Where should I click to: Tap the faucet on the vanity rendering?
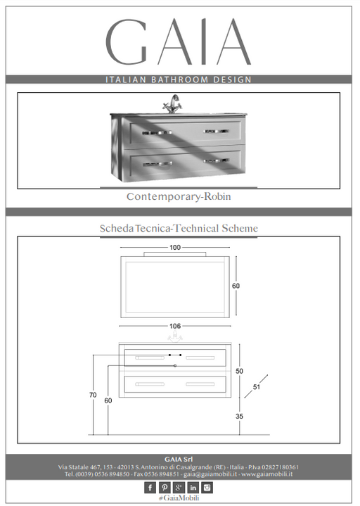click(x=174, y=103)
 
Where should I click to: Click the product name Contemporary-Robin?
click(x=179, y=196)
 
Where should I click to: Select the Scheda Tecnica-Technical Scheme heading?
click(x=179, y=228)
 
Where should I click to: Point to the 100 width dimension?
click(x=175, y=248)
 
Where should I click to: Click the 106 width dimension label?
click(x=175, y=326)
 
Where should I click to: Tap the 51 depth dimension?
click(x=257, y=386)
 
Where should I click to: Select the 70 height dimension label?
click(x=93, y=395)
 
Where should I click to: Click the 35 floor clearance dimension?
click(x=239, y=417)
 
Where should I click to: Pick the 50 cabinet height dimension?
click(x=239, y=371)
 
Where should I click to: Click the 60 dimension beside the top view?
click(x=236, y=286)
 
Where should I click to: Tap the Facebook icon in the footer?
click(x=150, y=487)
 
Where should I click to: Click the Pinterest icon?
click(x=165, y=487)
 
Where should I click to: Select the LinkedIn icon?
click(x=193, y=487)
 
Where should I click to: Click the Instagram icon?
click(x=207, y=487)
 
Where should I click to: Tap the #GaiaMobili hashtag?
click(x=179, y=498)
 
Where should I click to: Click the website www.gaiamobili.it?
click(x=267, y=474)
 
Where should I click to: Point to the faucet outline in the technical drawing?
click(x=175, y=336)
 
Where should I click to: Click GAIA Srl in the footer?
click(x=179, y=460)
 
